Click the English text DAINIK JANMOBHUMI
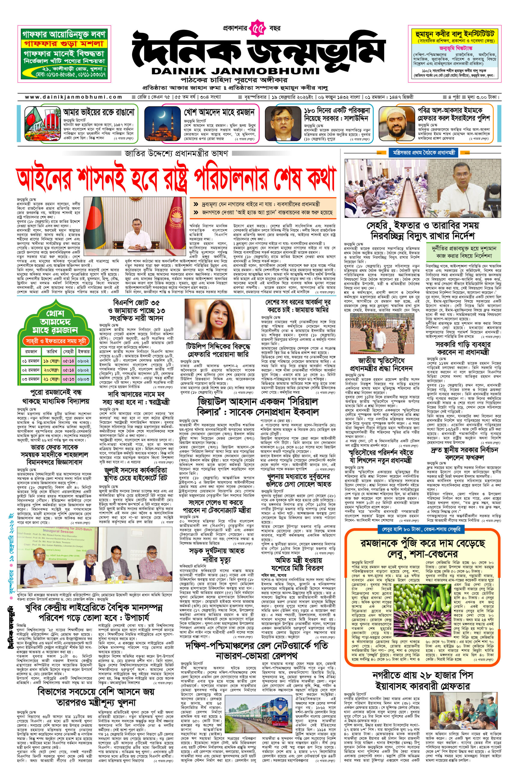(236, 71)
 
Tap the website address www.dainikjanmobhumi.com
(74, 97)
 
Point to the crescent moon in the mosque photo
(163, 114)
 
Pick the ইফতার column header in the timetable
(84, 351)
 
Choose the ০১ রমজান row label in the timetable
(31, 361)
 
